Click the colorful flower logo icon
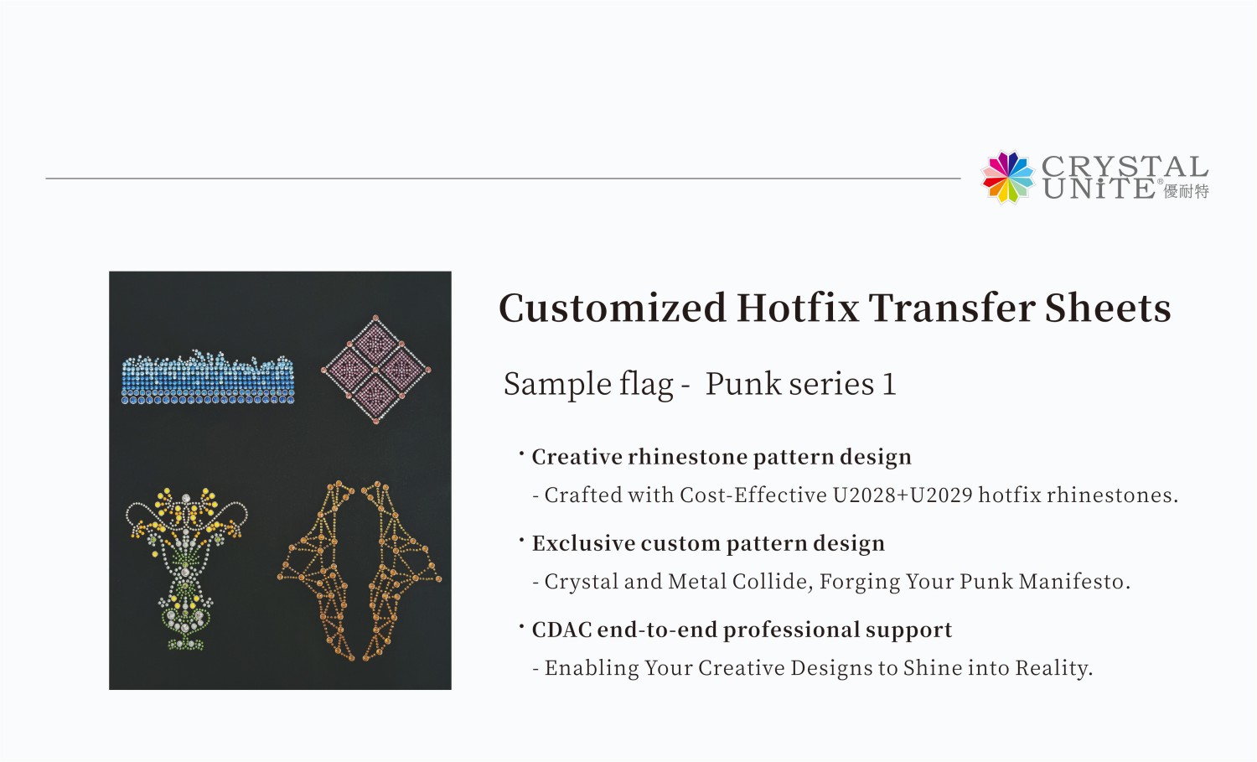(x=1008, y=177)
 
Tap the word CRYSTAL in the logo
(x=1124, y=166)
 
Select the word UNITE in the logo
(x=1099, y=189)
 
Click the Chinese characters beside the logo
(x=1186, y=192)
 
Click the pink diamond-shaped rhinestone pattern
(x=376, y=369)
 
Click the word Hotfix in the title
(x=798, y=308)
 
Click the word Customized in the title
(x=612, y=308)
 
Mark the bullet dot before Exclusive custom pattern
(x=521, y=538)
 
